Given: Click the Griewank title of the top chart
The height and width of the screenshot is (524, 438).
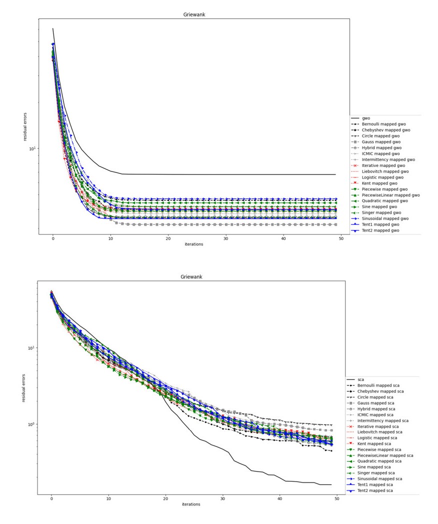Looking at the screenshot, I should click(x=194, y=14).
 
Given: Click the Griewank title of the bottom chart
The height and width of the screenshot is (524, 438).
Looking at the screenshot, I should click(x=191, y=276).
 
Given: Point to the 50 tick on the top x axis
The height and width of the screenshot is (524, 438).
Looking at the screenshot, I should click(x=341, y=238).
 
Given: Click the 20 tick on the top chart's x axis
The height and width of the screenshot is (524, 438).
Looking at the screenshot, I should click(x=168, y=238).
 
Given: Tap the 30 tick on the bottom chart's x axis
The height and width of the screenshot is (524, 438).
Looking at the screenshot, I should click(x=222, y=498).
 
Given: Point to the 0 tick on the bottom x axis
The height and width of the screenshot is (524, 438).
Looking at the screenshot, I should click(x=51, y=498).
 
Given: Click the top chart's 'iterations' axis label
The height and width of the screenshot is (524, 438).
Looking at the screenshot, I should click(x=194, y=244).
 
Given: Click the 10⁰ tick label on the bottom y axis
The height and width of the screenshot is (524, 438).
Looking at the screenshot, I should click(x=29, y=424).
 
